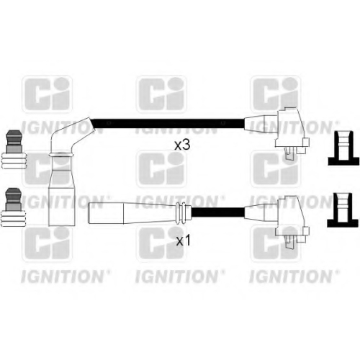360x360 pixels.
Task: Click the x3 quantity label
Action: tap(182, 145)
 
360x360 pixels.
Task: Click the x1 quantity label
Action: tap(184, 240)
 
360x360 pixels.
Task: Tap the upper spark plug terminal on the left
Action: tap(13, 150)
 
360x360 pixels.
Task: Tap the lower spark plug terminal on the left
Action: tap(13, 207)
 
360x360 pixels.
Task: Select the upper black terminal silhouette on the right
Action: tap(343, 148)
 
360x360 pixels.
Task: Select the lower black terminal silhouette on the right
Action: tap(343, 210)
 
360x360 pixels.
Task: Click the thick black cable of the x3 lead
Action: tap(168, 124)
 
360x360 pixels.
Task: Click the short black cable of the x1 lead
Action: tap(218, 212)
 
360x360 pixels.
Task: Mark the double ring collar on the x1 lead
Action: tap(181, 213)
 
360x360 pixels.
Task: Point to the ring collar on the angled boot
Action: tap(60, 155)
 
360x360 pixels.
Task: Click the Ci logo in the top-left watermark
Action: tap(48, 94)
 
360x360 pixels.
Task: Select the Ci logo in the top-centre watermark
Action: tap(161, 94)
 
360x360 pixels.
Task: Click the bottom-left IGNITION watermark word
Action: tap(63, 276)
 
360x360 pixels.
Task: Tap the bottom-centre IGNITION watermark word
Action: tap(177, 276)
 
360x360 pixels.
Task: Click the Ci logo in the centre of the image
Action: tap(161, 168)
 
